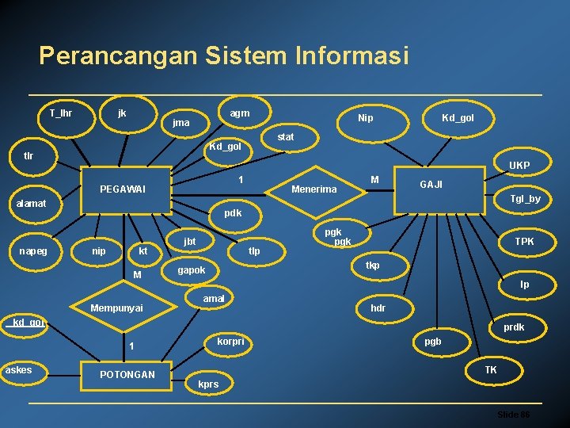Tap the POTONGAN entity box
(x=127, y=374)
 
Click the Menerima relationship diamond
(x=314, y=189)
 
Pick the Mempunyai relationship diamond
(x=116, y=308)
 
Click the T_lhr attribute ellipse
(x=61, y=113)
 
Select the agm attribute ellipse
(x=239, y=113)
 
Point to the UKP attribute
(x=519, y=166)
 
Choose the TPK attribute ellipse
(x=524, y=241)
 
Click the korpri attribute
(x=230, y=342)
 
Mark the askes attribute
(x=18, y=369)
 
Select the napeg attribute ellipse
(x=33, y=250)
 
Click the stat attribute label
(x=286, y=137)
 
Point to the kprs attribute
(x=208, y=384)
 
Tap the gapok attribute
(x=192, y=269)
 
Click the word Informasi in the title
(x=352, y=56)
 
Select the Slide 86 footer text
(x=513, y=415)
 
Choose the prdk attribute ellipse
(x=514, y=327)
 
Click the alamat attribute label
(x=32, y=204)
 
